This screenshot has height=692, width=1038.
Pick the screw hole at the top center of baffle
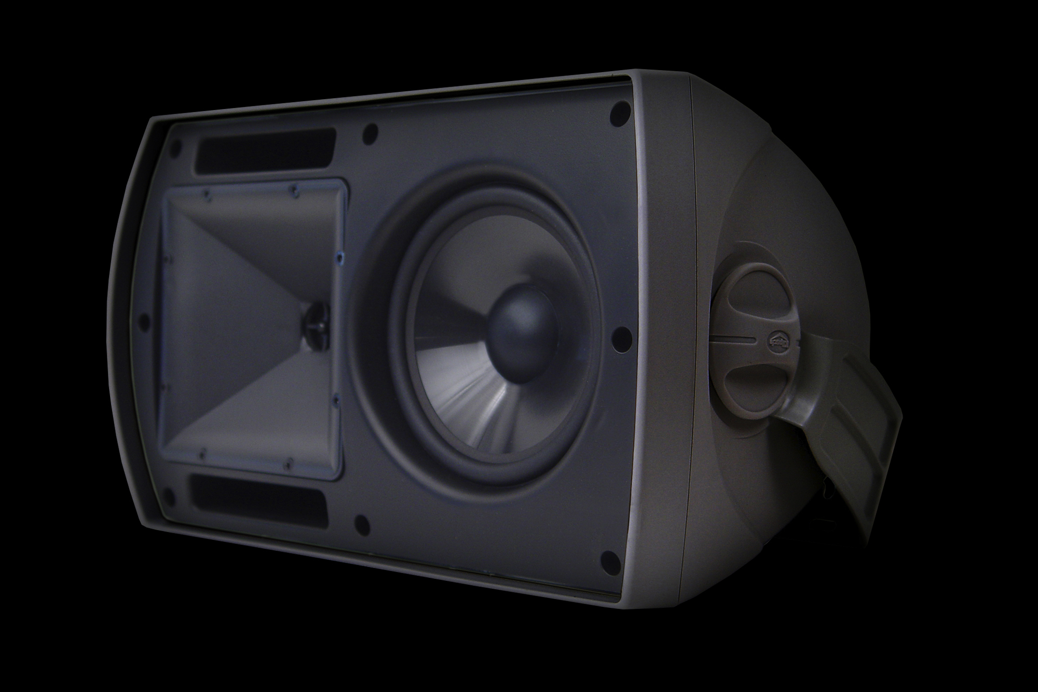point(370,131)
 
